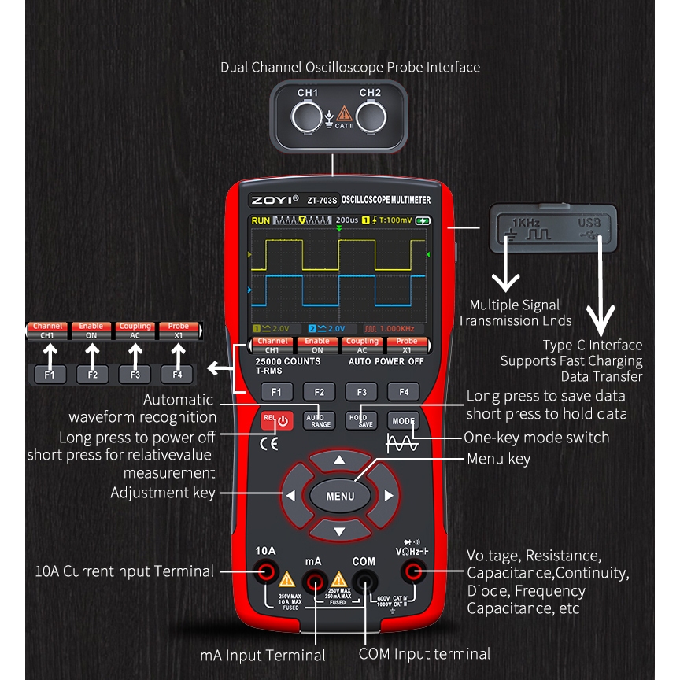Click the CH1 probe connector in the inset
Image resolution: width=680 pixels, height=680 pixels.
(307, 118)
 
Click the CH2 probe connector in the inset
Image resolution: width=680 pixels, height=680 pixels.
(371, 118)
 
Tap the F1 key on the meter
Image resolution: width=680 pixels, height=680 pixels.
(276, 391)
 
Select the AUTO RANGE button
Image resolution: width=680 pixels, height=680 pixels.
(319, 420)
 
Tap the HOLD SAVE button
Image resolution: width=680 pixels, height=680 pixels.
(361, 420)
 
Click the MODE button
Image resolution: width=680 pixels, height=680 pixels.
(403, 420)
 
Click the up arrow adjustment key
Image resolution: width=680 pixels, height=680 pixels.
(339, 460)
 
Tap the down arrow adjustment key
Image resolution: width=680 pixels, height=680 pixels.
(339, 530)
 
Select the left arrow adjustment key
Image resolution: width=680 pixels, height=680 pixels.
(290, 496)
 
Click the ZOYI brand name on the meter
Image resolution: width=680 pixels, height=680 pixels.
(271, 200)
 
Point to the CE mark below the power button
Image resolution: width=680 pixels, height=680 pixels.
(268, 442)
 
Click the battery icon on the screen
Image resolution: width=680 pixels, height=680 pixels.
(424, 220)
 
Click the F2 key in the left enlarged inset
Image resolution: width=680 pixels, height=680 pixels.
(92, 375)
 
